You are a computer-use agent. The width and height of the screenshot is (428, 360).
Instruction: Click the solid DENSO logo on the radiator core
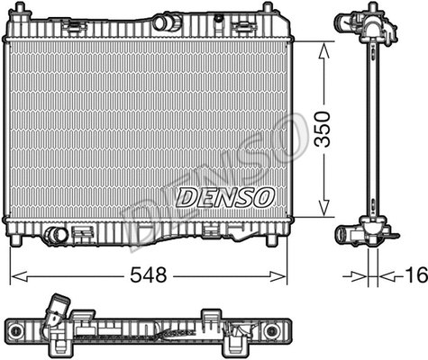[x=225, y=196]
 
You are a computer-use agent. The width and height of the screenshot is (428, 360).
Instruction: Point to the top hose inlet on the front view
[x=166, y=22]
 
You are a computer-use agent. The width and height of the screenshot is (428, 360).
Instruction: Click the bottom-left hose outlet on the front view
[x=56, y=235]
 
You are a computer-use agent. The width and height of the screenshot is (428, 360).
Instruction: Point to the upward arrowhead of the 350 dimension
[x=323, y=47]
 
